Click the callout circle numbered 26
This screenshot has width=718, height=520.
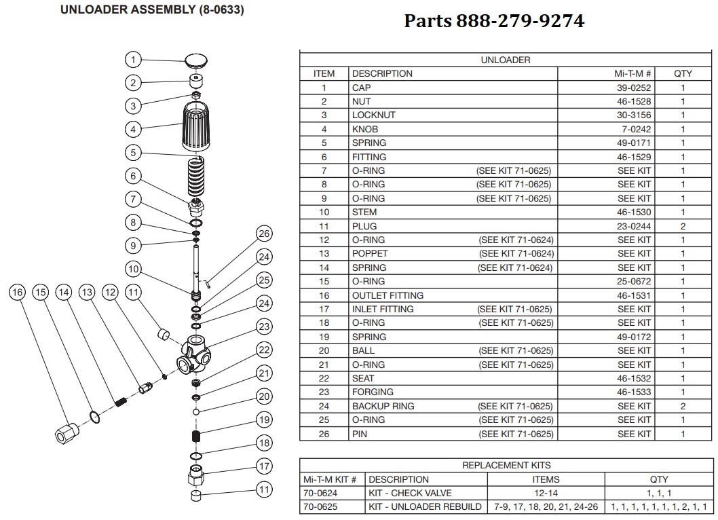pos(264,234)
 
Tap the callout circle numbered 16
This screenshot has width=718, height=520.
pos(18,293)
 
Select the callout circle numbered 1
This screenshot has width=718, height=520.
pos(134,60)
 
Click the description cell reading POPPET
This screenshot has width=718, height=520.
pos(370,254)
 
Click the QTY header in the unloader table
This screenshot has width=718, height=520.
pos(683,73)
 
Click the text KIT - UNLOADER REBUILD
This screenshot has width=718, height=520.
pos(425,506)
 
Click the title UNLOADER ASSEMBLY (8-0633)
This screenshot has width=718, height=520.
pos(153,10)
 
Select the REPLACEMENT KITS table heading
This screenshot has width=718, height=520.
pos(506,465)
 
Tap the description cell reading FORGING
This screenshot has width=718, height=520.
pos(373,392)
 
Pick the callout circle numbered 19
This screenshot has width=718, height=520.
pos(264,420)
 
